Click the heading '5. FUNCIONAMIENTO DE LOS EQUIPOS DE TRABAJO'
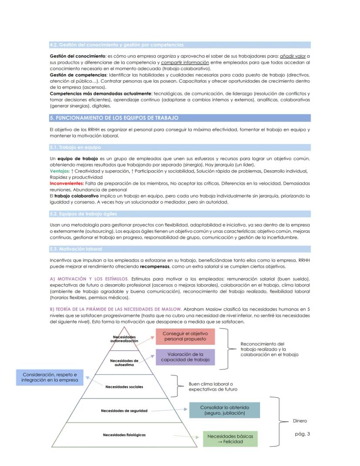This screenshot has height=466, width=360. [x=114, y=118]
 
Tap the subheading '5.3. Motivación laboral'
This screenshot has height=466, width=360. [x=76, y=249]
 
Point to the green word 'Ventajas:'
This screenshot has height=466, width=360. [x=60, y=171]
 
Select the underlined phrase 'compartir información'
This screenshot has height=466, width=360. [x=185, y=62]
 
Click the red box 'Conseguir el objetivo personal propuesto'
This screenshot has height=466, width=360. [x=185, y=337]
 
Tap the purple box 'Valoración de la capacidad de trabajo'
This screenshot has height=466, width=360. [x=185, y=357]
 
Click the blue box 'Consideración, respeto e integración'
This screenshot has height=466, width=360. [x=50, y=377]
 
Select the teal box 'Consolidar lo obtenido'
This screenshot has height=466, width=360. [x=225, y=410]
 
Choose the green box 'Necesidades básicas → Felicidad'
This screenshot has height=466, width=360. [x=230, y=439]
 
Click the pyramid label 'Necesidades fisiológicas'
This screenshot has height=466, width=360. [x=124, y=435]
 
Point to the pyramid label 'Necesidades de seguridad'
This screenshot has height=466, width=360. [x=124, y=410]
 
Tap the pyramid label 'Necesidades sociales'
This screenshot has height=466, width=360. [x=124, y=386]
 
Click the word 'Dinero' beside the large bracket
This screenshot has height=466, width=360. [x=300, y=421]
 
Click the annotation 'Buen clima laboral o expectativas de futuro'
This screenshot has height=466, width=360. [x=213, y=387]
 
